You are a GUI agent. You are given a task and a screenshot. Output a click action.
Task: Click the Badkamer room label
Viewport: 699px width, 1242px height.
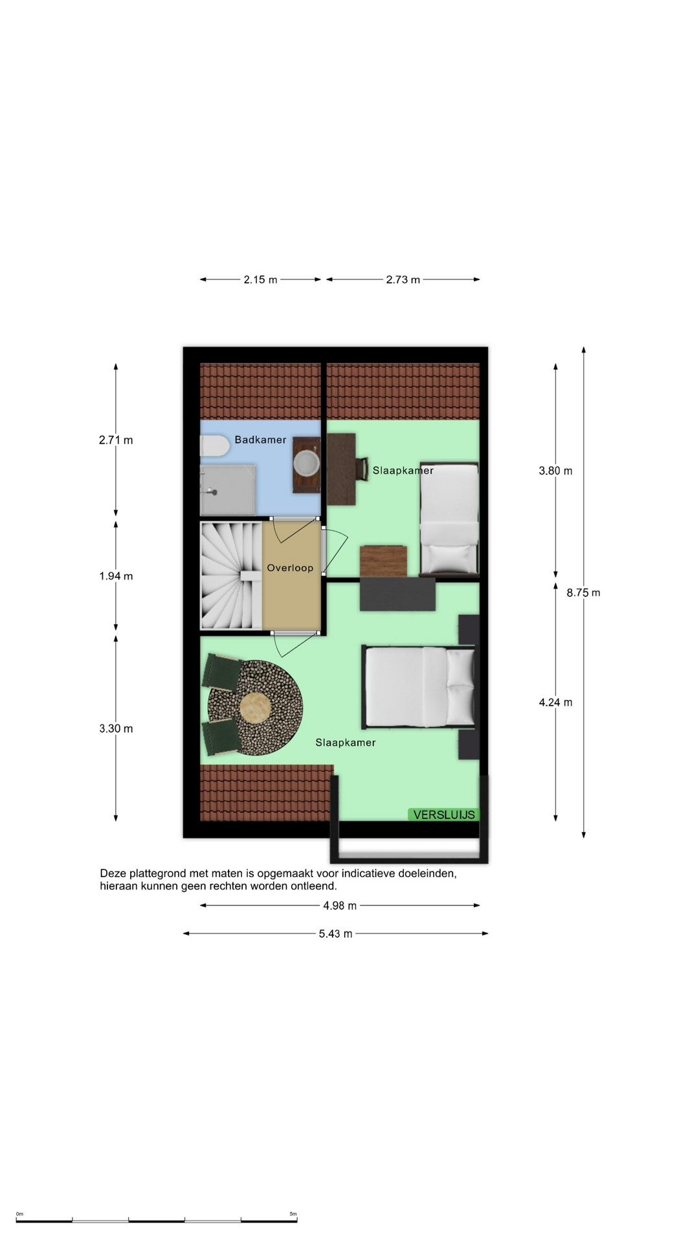pyautogui.click(x=260, y=440)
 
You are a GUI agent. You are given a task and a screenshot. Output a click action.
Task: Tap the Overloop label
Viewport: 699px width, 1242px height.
pyautogui.click(x=290, y=568)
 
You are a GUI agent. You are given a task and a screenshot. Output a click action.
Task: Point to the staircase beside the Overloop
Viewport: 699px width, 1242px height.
pyautogui.click(x=230, y=575)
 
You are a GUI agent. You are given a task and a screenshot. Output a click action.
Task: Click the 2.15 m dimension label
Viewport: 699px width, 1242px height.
pyautogui.click(x=260, y=280)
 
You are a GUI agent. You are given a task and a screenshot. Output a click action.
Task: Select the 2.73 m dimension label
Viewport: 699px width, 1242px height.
pyautogui.click(x=403, y=280)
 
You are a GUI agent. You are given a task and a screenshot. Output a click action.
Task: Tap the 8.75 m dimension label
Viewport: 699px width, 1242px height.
pyautogui.click(x=583, y=593)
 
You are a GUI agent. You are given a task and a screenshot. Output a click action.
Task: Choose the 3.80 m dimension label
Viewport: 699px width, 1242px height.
pyautogui.click(x=555, y=471)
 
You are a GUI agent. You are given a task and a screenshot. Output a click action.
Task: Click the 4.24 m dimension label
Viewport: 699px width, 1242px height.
pyautogui.click(x=555, y=703)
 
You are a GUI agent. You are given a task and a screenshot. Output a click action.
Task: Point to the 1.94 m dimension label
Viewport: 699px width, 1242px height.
pyautogui.click(x=116, y=576)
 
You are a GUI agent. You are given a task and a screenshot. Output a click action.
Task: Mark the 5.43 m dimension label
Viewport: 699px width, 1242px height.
pyautogui.click(x=335, y=933)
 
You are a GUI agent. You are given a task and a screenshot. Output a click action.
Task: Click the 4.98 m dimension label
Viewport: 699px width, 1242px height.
pyautogui.click(x=340, y=906)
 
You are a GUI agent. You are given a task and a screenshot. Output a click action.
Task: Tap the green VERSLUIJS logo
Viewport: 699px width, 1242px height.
pyautogui.click(x=443, y=815)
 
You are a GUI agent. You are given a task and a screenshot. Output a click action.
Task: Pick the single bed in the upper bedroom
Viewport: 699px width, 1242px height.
pyautogui.click(x=449, y=518)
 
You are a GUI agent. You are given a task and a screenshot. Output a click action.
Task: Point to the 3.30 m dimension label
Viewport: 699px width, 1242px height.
pyautogui.click(x=116, y=729)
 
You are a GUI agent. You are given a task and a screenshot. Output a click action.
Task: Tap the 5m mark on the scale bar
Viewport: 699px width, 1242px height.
pyautogui.click(x=293, y=1214)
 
